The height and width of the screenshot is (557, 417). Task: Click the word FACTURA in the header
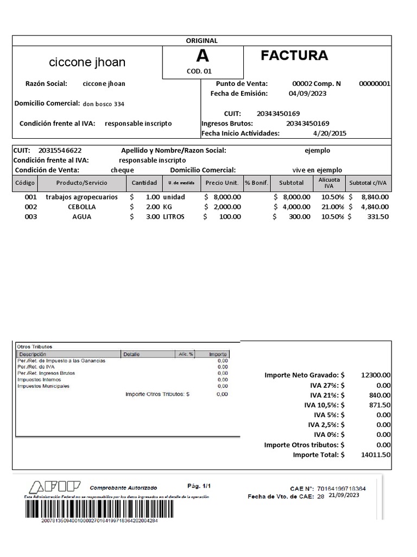tap(294, 55)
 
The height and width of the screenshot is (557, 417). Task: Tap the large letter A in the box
tap(202, 56)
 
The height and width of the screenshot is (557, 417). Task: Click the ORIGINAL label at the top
tap(201, 41)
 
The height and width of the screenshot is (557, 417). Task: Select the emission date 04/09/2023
tap(307, 94)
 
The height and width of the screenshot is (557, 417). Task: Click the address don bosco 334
tap(107, 104)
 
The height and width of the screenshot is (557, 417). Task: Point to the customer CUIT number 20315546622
tap(60, 150)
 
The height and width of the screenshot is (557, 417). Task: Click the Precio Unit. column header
tap(222, 183)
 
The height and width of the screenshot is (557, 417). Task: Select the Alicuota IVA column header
tap(329, 183)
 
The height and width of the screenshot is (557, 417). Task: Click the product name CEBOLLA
tap(81, 207)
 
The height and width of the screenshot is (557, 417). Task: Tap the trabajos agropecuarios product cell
tap(81, 197)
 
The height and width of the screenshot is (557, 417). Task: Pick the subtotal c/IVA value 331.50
tap(377, 216)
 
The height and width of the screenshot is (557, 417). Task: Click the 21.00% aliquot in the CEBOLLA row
tap(333, 207)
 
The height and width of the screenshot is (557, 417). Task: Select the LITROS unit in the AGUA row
tap(174, 216)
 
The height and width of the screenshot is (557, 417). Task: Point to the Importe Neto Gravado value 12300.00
tap(375, 375)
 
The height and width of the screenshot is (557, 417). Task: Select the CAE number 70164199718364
tap(341, 489)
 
